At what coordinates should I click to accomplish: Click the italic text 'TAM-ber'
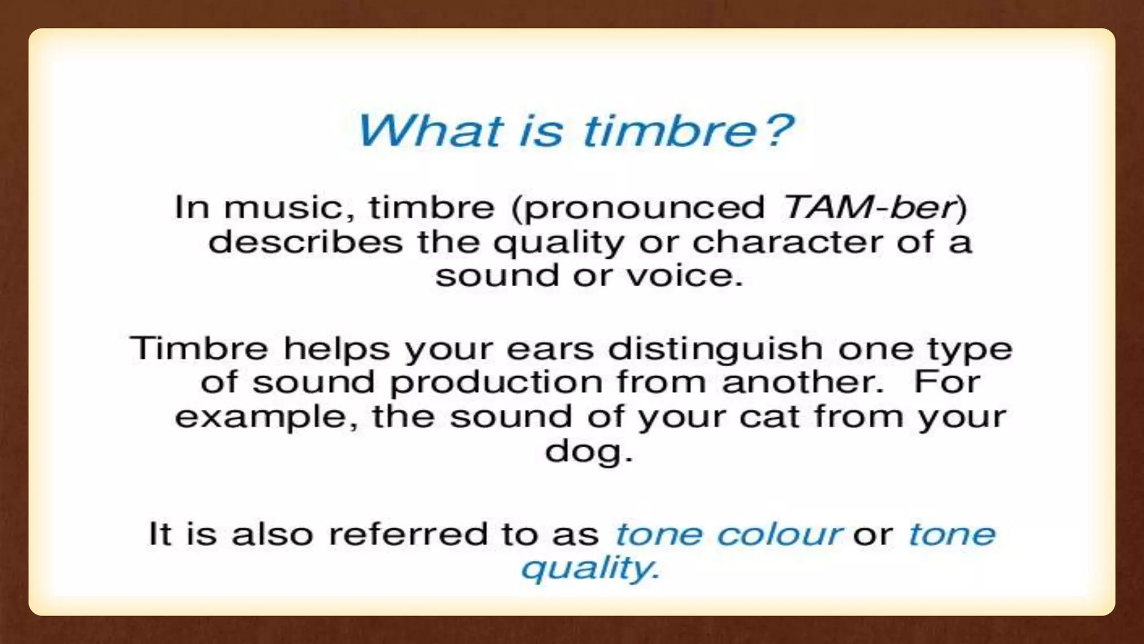coord(869,207)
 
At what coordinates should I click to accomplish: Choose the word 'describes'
coord(306,243)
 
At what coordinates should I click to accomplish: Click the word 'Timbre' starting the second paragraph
coord(199,348)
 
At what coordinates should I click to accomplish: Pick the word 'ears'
coord(550,349)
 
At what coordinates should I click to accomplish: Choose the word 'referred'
coord(408,533)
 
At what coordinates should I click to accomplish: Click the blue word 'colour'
coord(779,534)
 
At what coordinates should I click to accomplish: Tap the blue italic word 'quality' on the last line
coord(586,569)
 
